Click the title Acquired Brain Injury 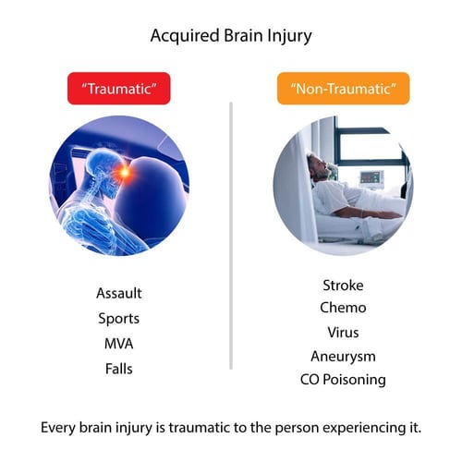click(x=230, y=37)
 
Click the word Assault click(x=119, y=294)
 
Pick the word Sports click(x=119, y=319)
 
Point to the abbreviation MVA click(x=119, y=344)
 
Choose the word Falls click(x=119, y=369)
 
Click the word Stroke click(x=342, y=285)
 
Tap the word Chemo click(x=343, y=308)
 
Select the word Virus click(x=343, y=332)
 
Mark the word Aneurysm click(x=343, y=356)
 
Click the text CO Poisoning click(x=343, y=380)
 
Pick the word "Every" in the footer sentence click(x=60, y=428)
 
